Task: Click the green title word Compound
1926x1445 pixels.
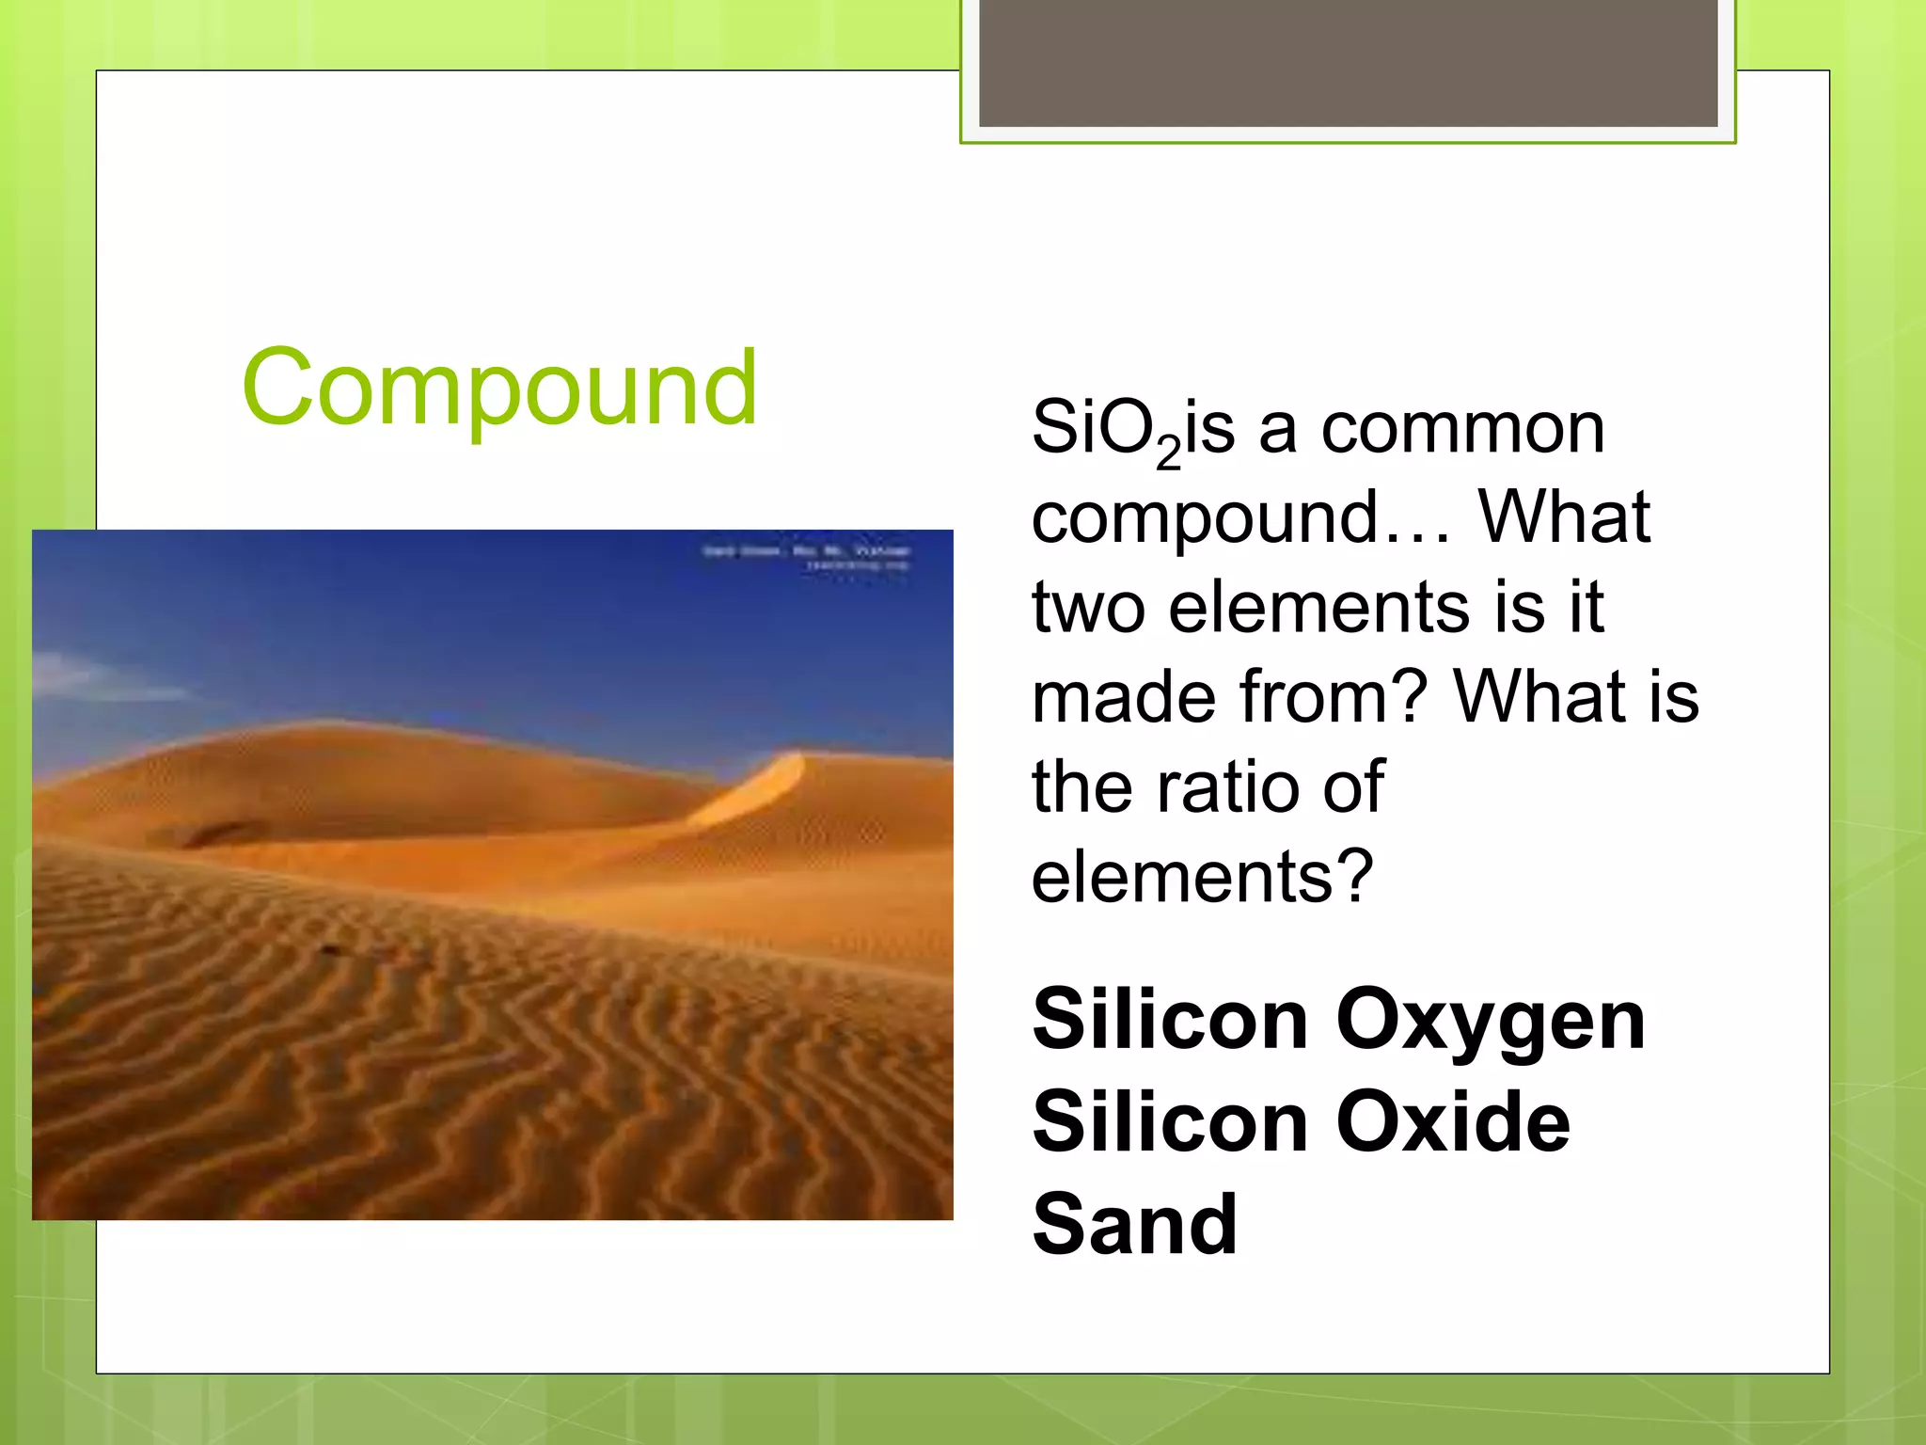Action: [498, 388]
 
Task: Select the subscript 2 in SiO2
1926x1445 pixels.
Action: [1168, 453]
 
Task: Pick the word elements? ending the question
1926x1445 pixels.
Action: [1202, 877]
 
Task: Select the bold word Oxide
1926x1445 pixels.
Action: [1453, 1121]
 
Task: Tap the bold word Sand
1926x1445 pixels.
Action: [1134, 1225]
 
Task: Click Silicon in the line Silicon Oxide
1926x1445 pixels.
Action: [1170, 1121]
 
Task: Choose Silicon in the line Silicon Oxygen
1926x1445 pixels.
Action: [1170, 1020]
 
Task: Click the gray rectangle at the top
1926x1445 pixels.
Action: [1348, 62]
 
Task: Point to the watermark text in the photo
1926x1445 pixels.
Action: [806, 556]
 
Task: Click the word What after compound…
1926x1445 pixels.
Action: [1563, 517]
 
